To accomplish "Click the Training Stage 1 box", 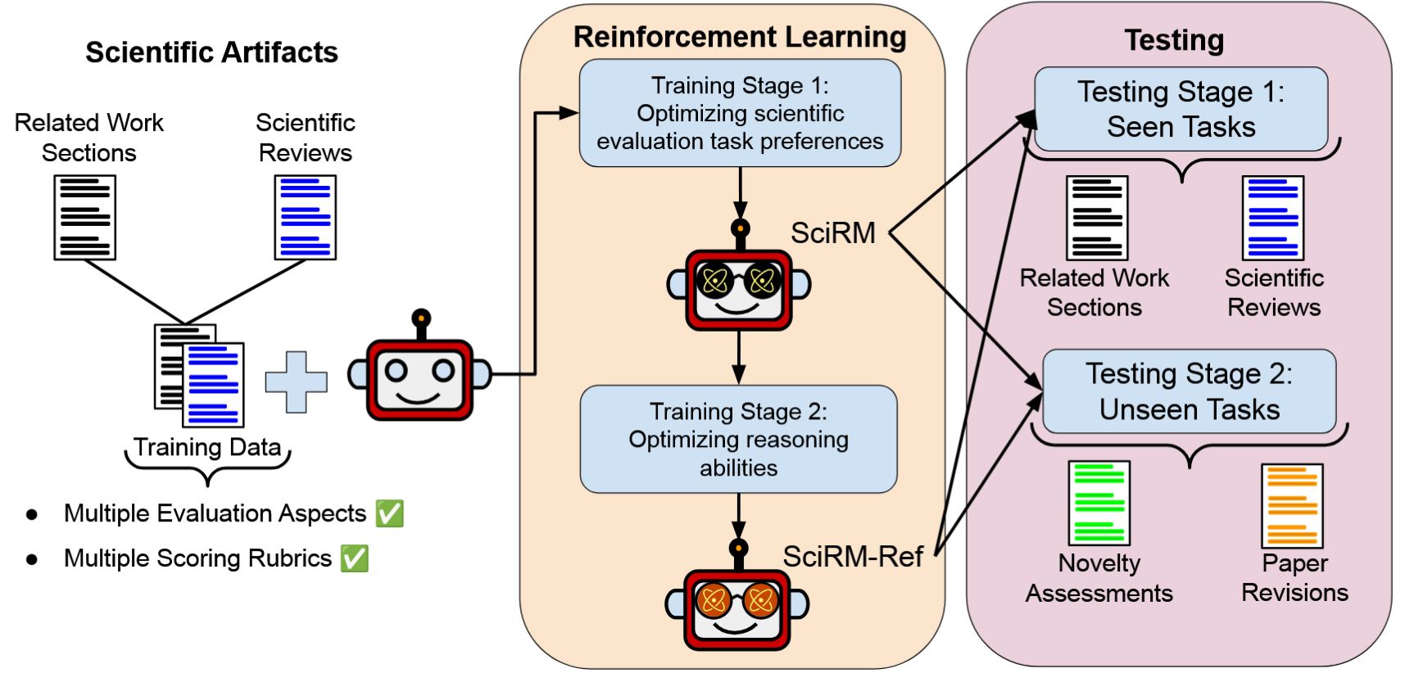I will click(x=740, y=113).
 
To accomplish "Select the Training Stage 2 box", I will click(x=738, y=439).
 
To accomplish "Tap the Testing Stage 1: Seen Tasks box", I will click(x=1181, y=109).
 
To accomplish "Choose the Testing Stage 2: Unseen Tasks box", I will click(x=1189, y=391).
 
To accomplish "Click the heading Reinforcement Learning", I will click(x=739, y=37).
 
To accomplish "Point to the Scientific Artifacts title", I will click(x=211, y=52).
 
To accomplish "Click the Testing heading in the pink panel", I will click(x=1174, y=40).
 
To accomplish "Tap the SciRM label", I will click(x=832, y=233).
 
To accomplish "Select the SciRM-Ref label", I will click(x=852, y=557).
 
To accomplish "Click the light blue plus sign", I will click(x=296, y=382).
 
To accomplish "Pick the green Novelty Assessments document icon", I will click(x=1099, y=503).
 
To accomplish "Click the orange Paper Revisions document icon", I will click(x=1292, y=506).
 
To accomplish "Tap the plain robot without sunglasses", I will click(x=419, y=373).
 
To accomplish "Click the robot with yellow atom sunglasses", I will click(x=738, y=282).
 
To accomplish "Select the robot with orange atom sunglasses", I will click(x=736, y=603).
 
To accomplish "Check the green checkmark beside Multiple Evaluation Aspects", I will click(x=389, y=514).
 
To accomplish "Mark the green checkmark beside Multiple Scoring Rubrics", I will click(x=355, y=558).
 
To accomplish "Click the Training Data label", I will click(x=207, y=447).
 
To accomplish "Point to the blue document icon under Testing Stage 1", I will click(x=1272, y=218).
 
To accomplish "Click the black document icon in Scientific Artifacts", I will click(x=84, y=218).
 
